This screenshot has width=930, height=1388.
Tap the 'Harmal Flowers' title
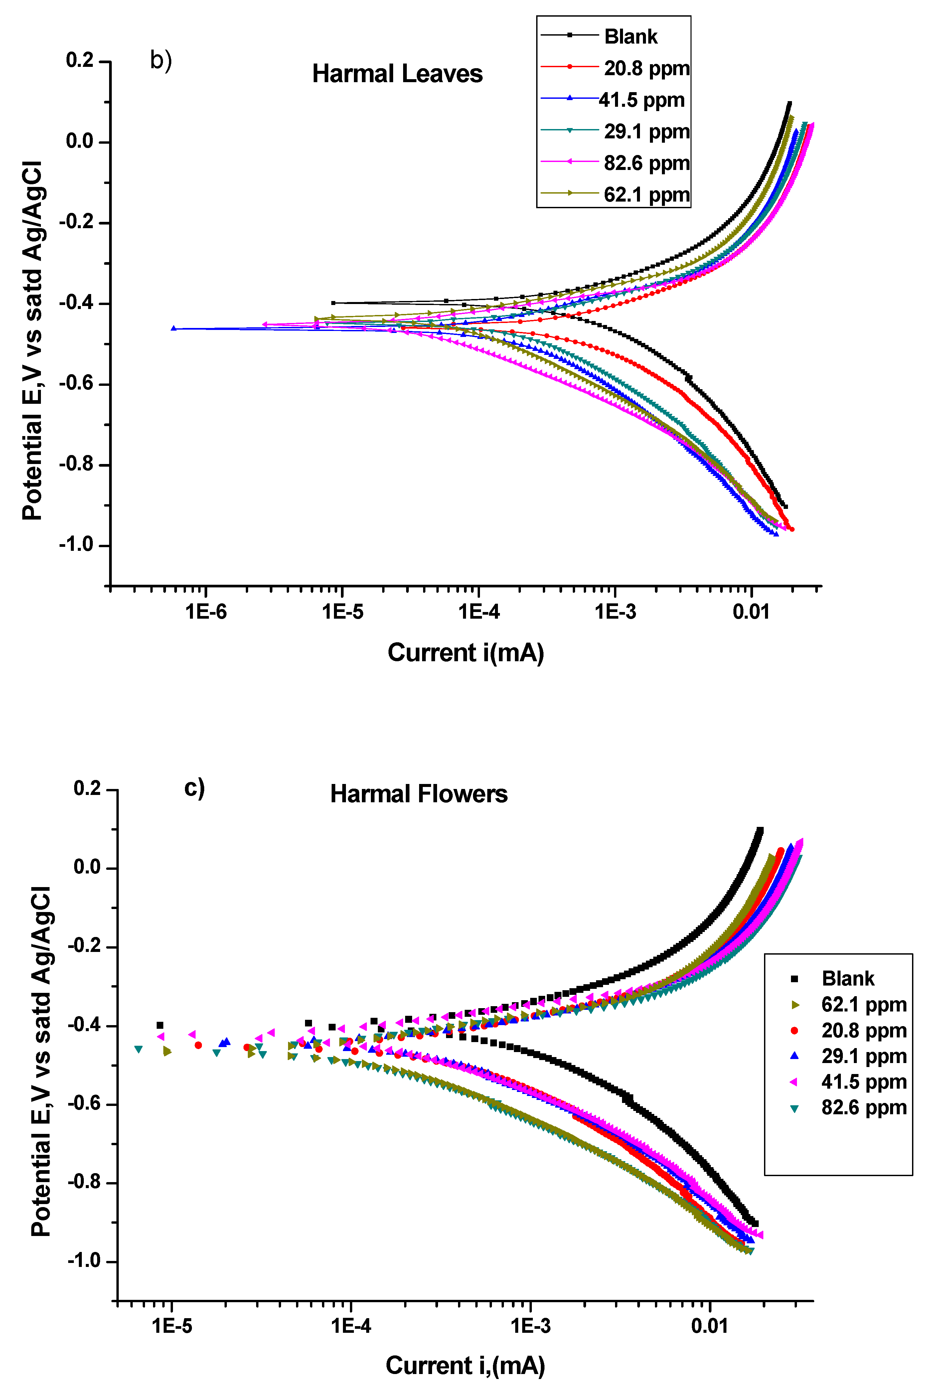point(419,794)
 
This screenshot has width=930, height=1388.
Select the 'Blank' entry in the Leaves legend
point(631,37)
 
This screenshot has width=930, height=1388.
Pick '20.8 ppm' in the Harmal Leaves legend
point(647,68)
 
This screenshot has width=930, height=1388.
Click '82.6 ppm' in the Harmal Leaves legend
point(647,163)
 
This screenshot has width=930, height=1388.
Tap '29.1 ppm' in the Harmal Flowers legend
point(863,1056)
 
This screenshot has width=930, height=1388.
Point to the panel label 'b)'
point(161,61)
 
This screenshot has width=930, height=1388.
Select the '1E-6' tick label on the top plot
point(206,612)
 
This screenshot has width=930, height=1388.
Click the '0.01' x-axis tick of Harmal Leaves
point(750,612)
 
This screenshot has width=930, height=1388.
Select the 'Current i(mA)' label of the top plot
point(466,653)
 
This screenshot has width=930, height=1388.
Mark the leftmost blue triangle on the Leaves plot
point(174,328)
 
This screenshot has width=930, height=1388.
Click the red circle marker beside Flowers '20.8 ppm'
point(794,1031)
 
